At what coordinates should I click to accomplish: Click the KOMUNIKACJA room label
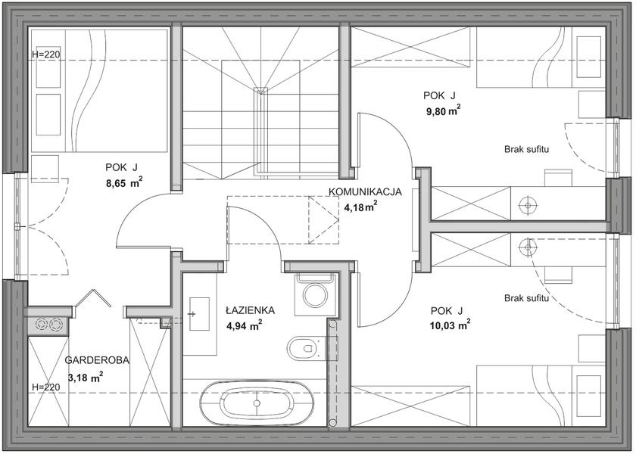click(365, 191)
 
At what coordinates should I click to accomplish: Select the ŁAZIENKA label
click(251, 310)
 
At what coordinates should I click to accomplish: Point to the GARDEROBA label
click(97, 360)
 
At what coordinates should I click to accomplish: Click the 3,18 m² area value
click(86, 378)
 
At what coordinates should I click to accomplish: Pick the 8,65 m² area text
click(124, 183)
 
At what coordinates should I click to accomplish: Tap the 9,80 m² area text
click(443, 111)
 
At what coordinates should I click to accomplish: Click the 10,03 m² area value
click(450, 325)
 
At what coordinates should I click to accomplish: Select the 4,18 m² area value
click(361, 207)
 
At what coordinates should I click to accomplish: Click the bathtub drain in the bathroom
click(257, 403)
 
